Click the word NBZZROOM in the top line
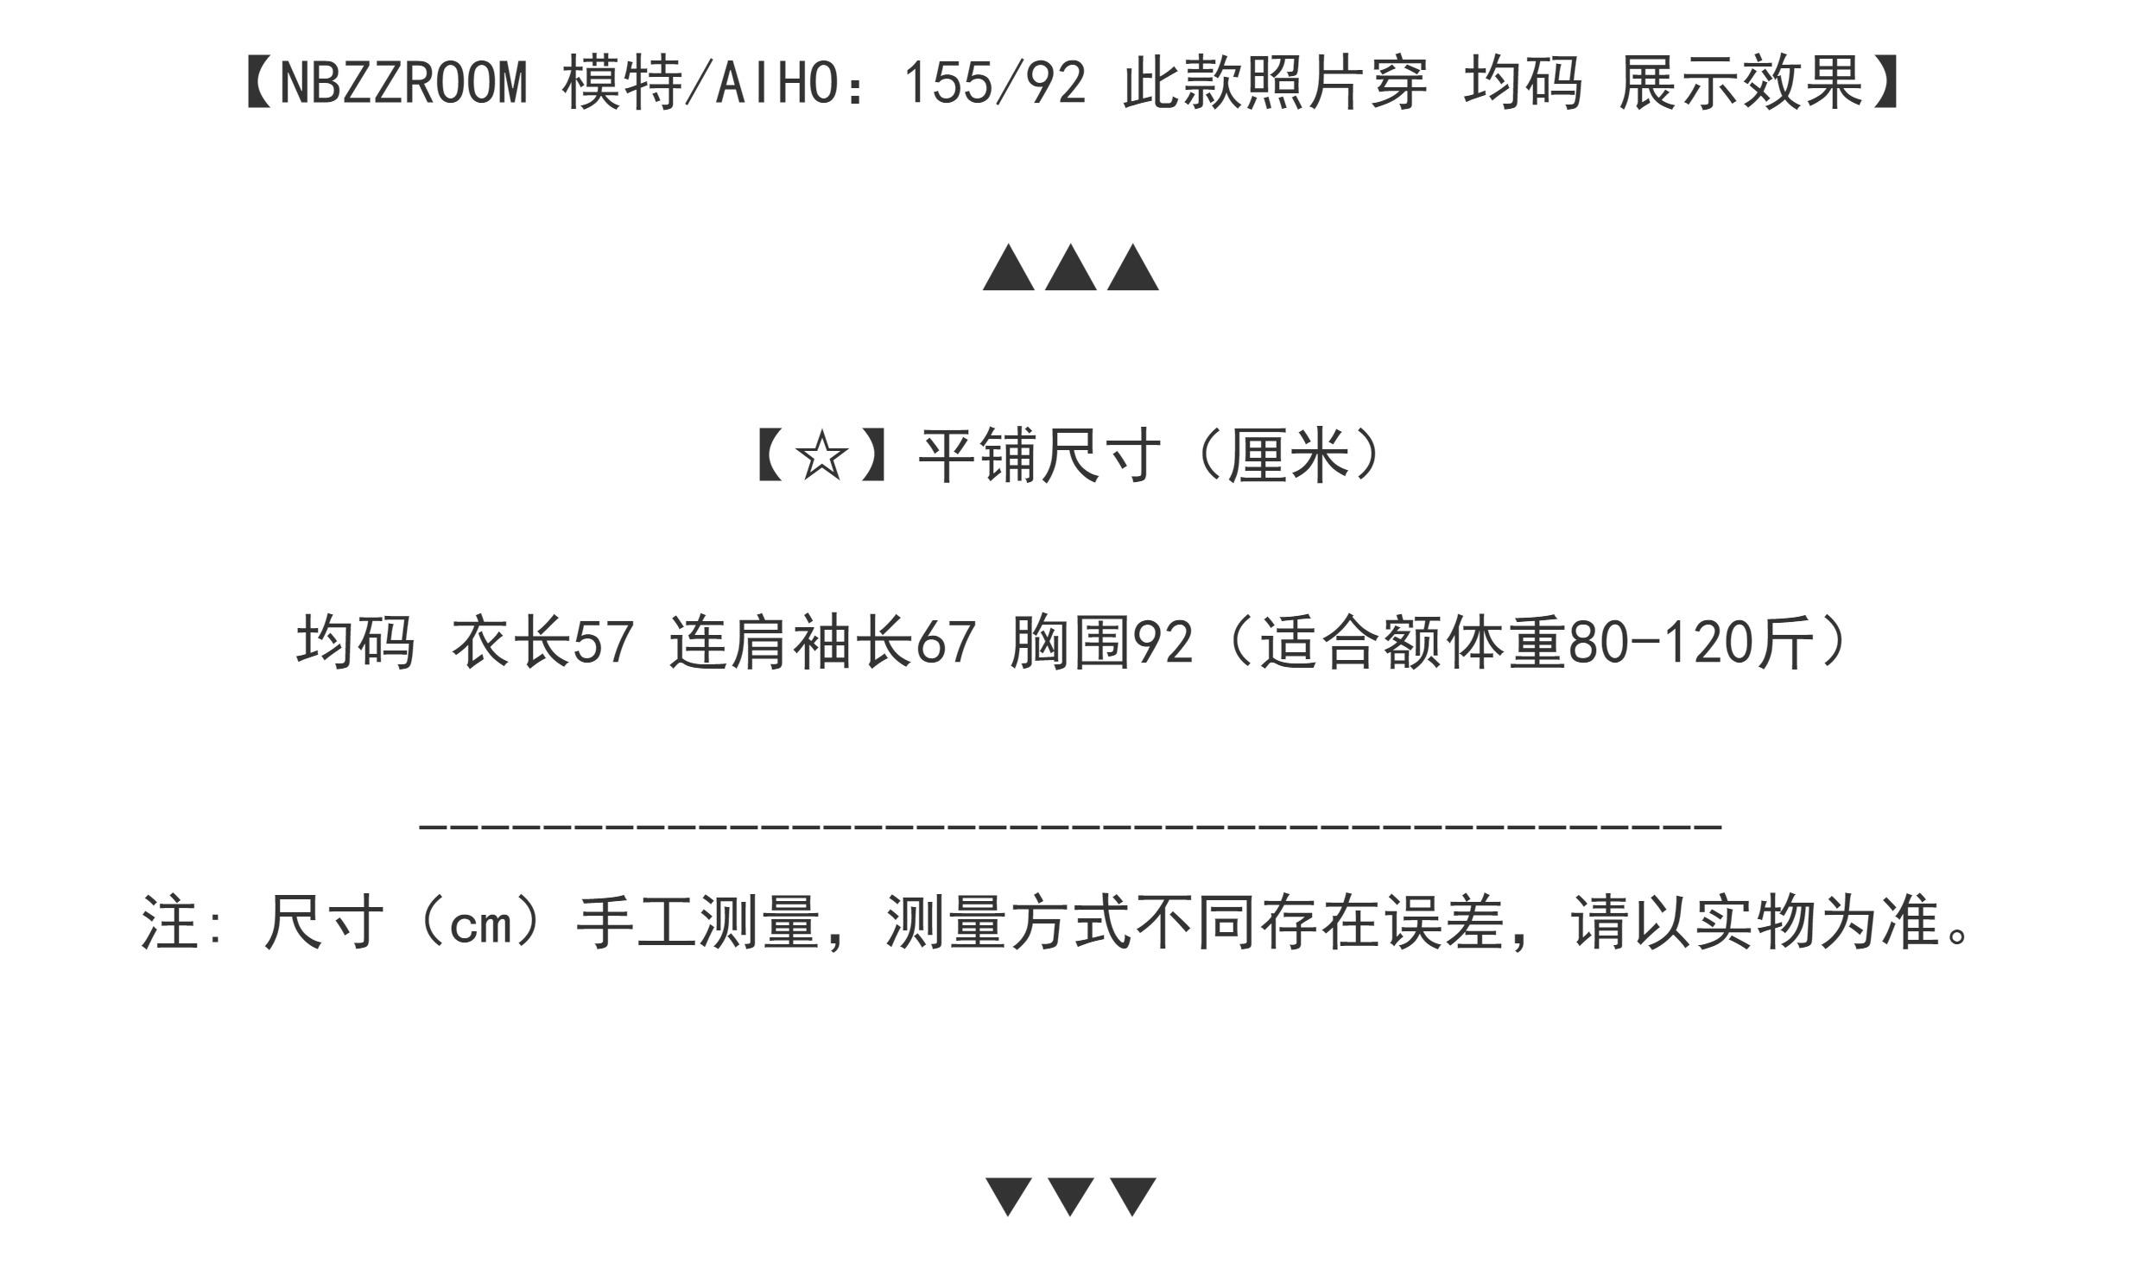click(x=403, y=85)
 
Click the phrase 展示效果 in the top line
click(x=1741, y=85)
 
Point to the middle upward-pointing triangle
click(x=1071, y=267)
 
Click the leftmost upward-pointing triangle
click(x=1009, y=267)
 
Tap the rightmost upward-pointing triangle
click(x=1133, y=267)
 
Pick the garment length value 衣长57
click(x=543, y=642)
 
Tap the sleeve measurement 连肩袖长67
click(x=823, y=642)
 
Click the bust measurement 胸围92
click(x=1102, y=642)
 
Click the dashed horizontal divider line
click(x=1071, y=826)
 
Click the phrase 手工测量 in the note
click(x=698, y=923)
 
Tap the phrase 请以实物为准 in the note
click(x=1754, y=923)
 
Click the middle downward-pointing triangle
click(x=1071, y=1196)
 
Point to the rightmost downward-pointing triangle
click(x=1133, y=1196)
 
